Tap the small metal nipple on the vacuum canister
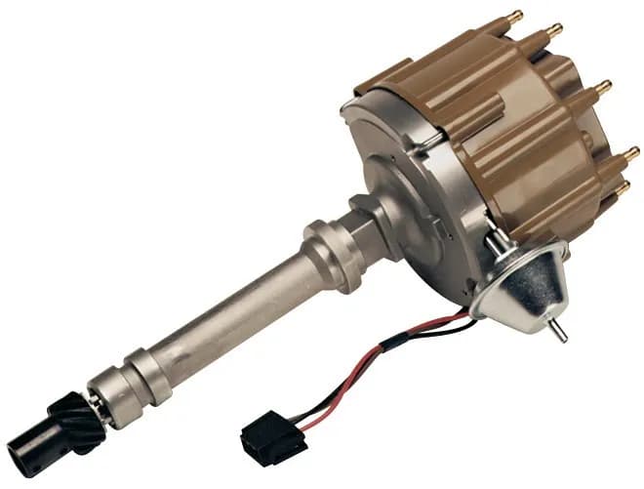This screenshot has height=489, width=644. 558,333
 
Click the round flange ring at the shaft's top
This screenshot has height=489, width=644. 327,249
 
